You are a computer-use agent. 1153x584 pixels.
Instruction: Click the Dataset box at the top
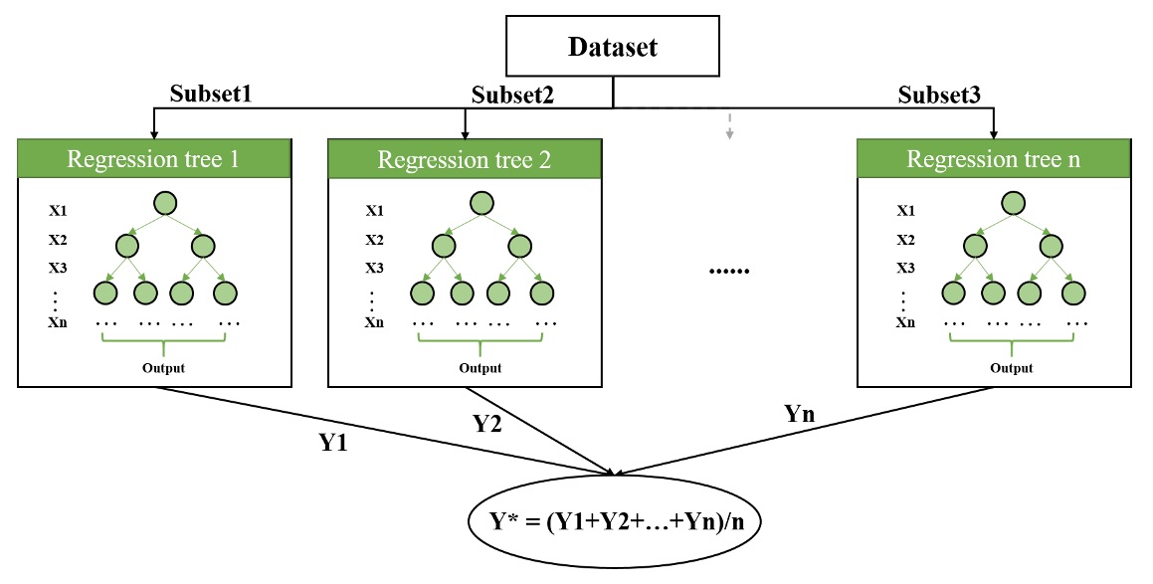coord(613,46)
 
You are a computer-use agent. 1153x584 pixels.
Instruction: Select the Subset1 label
coord(211,94)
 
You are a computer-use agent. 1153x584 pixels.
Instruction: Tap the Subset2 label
coord(512,95)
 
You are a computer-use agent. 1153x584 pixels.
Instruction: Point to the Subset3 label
coord(940,95)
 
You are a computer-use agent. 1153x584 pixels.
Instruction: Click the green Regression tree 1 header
coord(154,158)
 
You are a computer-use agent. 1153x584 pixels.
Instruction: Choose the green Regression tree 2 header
coord(465,159)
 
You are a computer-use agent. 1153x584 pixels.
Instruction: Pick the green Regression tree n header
coord(994,158)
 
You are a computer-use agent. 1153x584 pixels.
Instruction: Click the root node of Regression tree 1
coord(165,204)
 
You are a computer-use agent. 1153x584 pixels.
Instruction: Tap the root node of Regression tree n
coord(1013,204)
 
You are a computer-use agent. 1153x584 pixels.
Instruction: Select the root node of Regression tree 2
coord(480,204)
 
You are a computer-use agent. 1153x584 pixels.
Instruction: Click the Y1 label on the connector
coord(333,443)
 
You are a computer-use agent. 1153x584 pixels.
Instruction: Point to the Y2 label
coord(486,423)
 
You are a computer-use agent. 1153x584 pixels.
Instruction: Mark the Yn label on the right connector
coord(800,413)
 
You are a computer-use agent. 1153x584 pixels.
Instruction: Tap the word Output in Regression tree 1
coord(163,368)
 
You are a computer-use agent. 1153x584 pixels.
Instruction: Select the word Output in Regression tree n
coord(1012,368)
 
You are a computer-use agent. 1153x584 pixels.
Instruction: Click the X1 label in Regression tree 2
coord(375,211)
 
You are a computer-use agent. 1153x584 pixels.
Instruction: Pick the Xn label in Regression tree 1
coord(58,322)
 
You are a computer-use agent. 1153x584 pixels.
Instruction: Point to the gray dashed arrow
coord(729,125)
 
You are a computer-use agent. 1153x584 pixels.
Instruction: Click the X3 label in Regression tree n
coord(905,269)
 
